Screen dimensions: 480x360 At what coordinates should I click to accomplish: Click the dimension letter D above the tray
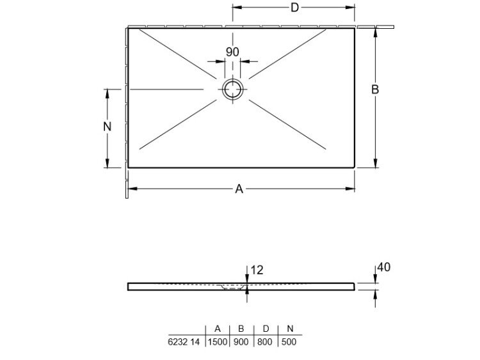(x=294, y=7)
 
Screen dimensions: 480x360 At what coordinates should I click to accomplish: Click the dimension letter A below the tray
(x=239, y=189)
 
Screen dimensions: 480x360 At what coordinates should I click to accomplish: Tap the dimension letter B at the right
(x=375, y=90)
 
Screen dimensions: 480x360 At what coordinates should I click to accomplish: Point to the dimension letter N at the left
(x=107, y=127)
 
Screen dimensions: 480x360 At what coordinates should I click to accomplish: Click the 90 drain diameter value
(x=232, y=52)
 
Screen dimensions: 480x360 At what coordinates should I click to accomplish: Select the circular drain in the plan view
(x=233, y=90)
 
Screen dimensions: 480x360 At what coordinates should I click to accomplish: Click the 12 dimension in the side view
(x=257, y=270)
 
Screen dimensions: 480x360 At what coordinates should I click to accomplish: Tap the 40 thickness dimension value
(x=383, y=267)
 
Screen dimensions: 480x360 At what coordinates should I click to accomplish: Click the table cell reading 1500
(x=218, y=341)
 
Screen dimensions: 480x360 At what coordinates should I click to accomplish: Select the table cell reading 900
(x=241, y=341)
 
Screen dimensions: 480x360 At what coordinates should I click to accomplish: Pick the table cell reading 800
(x=265, y=341)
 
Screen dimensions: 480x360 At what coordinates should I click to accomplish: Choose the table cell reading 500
(x=289, y=341)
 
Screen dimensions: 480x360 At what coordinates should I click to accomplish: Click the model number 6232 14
(x=184, y=341)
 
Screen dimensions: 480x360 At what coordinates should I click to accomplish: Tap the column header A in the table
(x=218, y=329)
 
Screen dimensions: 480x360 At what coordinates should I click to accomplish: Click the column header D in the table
(x=266, y=329)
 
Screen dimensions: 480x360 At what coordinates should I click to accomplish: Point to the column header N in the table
(x=290, y=329)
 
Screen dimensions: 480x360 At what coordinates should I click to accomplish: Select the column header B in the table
(x=241, y=329)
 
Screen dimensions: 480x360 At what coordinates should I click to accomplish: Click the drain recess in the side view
(x=233, y=287)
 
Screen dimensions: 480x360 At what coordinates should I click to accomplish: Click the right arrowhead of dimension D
(x=350, y=7)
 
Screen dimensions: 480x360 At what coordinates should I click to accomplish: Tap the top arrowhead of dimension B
(x=376, y=33)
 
